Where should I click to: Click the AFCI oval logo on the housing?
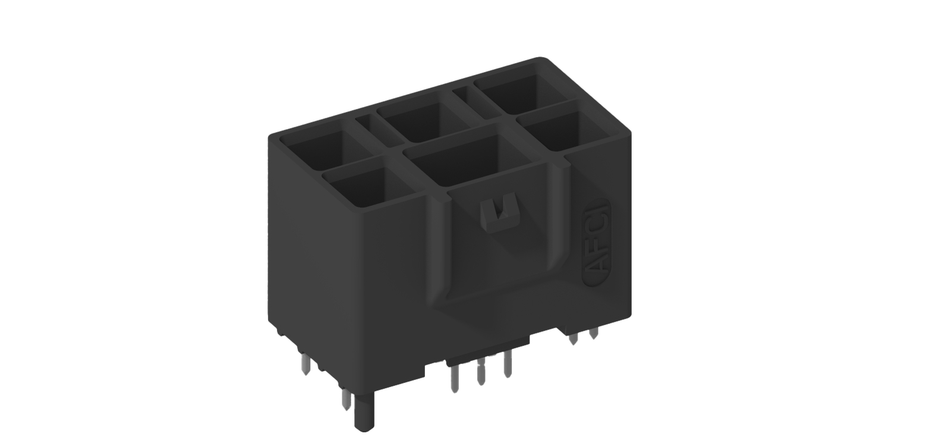pos(596,243)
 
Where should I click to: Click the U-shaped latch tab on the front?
pos(498,211)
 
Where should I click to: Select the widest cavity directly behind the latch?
pos(467,161)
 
